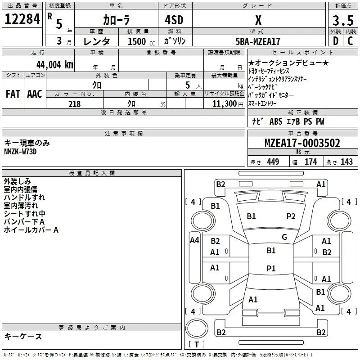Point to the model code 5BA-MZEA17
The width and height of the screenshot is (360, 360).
point(258,41)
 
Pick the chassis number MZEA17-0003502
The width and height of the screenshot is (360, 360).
point(302,144)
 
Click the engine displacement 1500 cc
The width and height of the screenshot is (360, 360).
point(138,41)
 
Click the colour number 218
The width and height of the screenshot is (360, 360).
point(74,104)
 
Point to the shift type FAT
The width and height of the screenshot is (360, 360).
point(13,94)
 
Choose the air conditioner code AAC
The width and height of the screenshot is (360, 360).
point(35,94)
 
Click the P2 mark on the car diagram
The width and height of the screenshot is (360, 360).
point(291,216)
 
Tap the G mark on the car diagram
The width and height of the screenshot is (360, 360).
point(284,237)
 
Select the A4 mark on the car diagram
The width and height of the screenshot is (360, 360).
point(194,240)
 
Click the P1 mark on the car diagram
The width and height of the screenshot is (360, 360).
point(271,268)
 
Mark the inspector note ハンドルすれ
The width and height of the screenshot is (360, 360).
point(24,198)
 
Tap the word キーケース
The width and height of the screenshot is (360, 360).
point(23,337)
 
